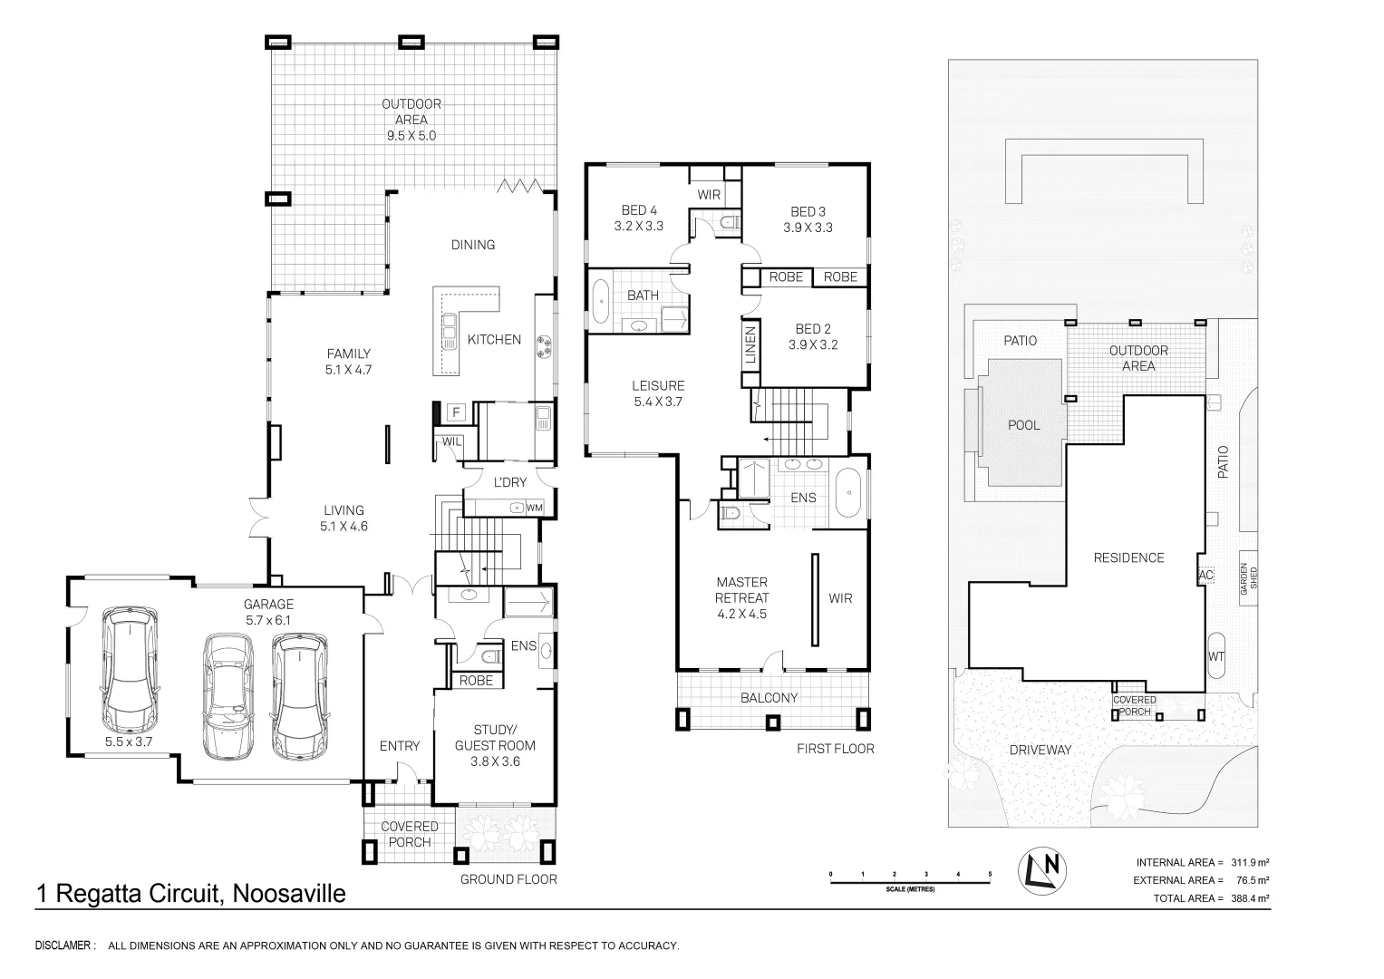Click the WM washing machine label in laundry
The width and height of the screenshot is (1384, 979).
[535, 508]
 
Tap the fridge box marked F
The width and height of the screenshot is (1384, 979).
[457, 412]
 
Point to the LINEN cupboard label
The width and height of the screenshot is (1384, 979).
[750, 344]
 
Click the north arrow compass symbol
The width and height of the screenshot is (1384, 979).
[1042, 870]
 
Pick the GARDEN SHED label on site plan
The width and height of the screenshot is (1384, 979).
[1249, 578]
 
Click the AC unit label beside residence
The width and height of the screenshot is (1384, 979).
[1206, 576]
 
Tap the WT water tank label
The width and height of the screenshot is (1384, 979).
[1216, 657]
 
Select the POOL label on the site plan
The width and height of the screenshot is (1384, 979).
[1024, 425]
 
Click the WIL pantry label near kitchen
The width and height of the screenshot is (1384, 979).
[451, 442]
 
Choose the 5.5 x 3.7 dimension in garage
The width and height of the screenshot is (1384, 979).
[129, 742]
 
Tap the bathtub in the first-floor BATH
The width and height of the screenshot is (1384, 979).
[600, 302]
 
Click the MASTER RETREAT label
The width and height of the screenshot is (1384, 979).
[742, 590]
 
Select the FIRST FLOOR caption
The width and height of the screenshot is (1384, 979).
[836, 749]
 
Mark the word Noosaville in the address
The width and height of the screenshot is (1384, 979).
[289, 894]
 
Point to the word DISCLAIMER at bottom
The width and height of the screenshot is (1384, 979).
[65, 945]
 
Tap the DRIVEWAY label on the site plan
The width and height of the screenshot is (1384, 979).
[1040, 751]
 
